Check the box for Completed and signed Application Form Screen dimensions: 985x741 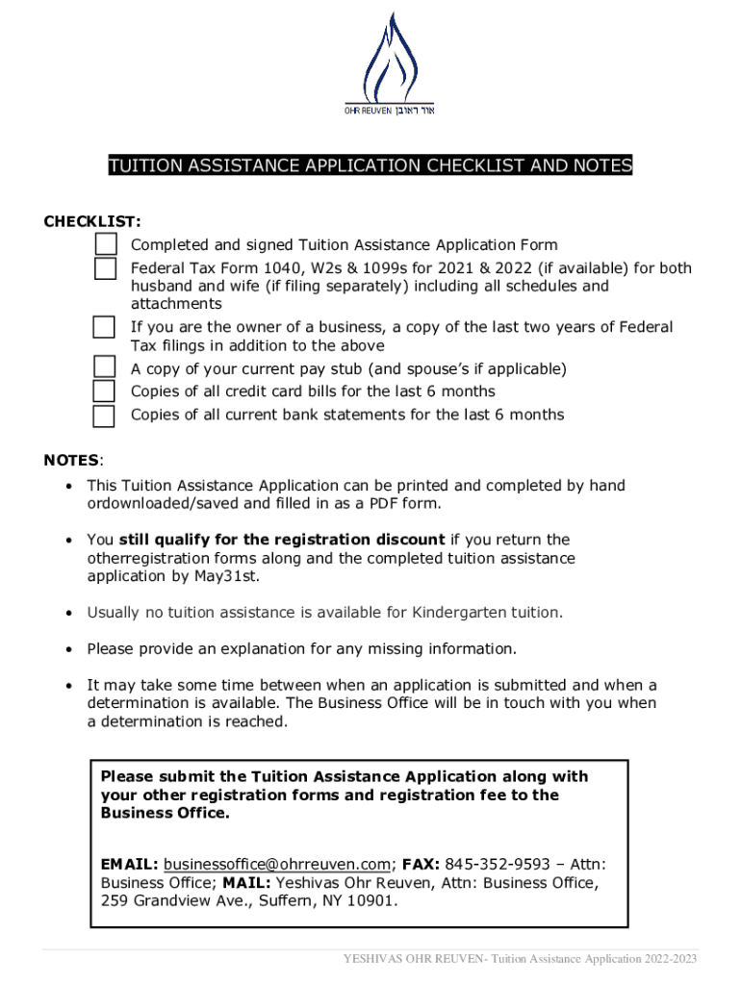(x=105, y=244)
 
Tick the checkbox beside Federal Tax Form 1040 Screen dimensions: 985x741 (x=105, y=268)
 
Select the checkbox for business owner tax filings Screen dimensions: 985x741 (x=104, y=327)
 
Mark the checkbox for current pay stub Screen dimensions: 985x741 (x=104, y=367)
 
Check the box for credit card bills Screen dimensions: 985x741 (x=104, y=391)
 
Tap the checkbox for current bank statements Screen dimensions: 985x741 (x=104, y=416)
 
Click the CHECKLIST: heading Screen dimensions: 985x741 (x=92, y=222)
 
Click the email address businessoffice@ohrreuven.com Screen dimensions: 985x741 (x=277, y=864)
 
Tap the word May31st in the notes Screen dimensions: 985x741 (x=226, y=576)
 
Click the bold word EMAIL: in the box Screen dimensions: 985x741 (x=130, y=864)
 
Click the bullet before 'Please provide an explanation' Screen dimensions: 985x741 (x=69, y=649)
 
